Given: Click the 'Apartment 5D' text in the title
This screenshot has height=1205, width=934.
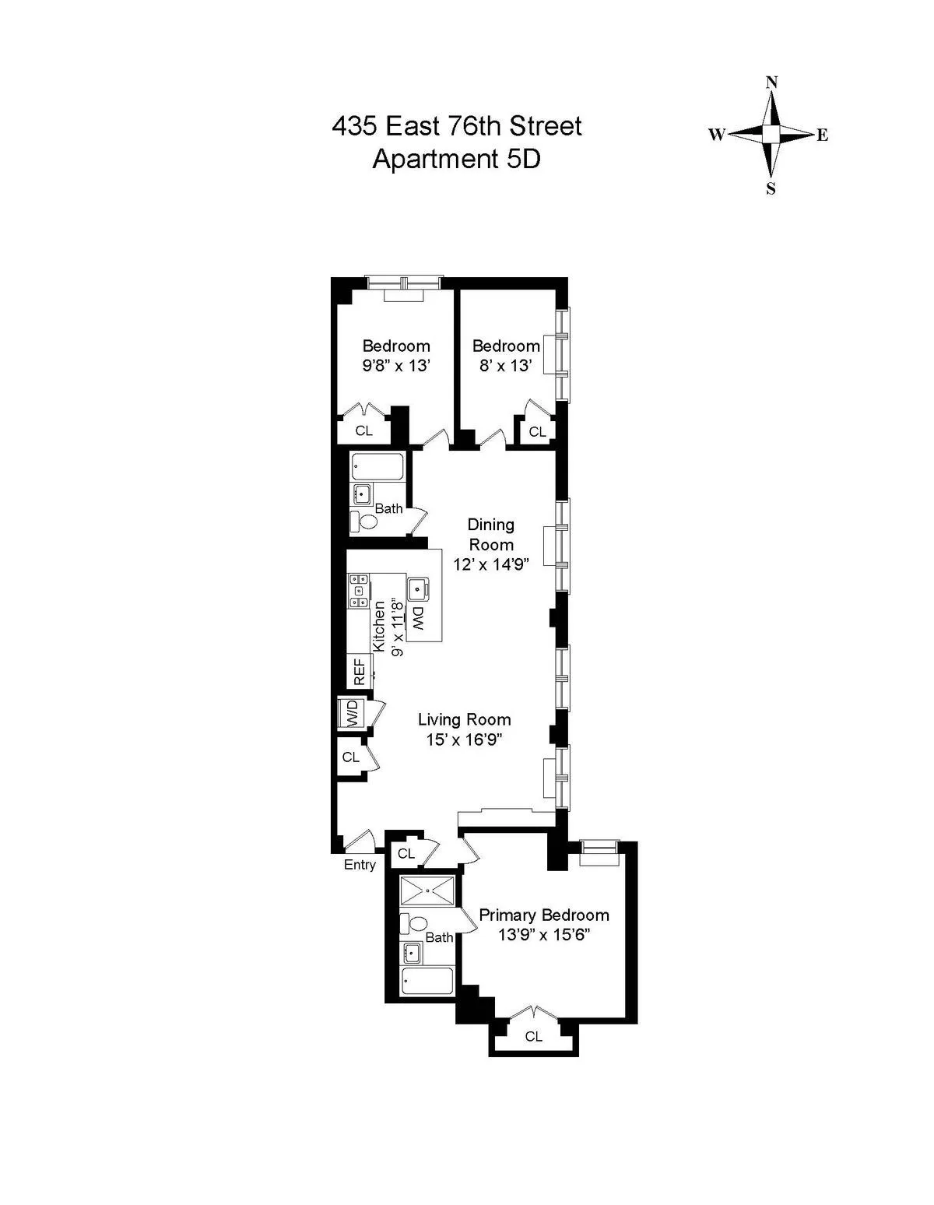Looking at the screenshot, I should coord(456,159).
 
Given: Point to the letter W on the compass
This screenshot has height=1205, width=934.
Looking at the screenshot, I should coord(716,135).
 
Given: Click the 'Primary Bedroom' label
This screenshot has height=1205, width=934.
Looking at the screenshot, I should coord(543,915).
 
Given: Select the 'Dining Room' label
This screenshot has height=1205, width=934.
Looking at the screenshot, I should coord(490,535).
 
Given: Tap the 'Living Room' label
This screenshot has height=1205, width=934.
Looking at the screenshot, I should coord(464,719).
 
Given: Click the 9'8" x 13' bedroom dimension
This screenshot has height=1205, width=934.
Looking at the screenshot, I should coord(396,366).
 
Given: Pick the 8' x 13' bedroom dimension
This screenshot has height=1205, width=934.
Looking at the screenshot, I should coord(505,366).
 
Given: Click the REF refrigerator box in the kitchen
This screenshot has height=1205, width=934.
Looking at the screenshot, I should coord(359,672).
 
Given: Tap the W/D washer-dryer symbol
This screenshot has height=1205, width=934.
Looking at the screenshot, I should coord(352,712).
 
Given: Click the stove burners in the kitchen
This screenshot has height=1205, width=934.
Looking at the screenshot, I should coord(359,591).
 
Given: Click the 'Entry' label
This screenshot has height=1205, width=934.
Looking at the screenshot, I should coord(360,865).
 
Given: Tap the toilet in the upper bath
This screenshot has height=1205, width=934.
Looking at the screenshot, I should coord(363,521).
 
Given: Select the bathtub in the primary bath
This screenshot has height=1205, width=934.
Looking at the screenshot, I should coord(427,981).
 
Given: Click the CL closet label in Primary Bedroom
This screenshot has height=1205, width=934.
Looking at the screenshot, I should coord(533,1036).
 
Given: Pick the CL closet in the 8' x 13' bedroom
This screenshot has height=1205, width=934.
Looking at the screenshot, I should coord(537,431).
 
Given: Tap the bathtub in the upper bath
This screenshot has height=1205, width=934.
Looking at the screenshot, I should coord(377,467).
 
